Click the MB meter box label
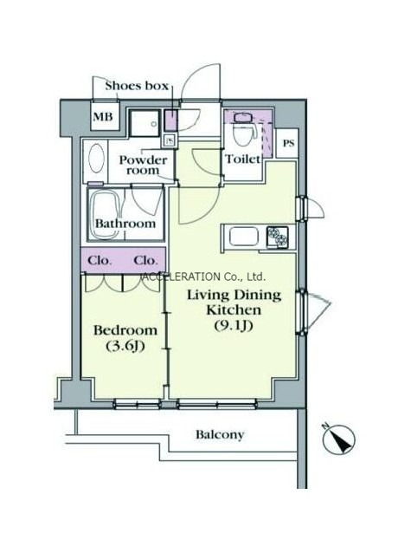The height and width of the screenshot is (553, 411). click(103, 116)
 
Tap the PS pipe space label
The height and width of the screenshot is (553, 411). click(288, 144)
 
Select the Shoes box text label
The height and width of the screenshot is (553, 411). click(137, 86)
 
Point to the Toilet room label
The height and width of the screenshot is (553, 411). click(243, 159)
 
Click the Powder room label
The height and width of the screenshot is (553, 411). click(143, 165)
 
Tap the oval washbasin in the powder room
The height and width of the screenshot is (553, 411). click(96, 158)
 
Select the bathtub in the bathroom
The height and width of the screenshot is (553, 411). click(106, 214)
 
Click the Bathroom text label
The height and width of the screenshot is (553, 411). click(125, 224)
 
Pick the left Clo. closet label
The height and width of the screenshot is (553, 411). click(100, 261)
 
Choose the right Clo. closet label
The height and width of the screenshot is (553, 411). click(145, 261)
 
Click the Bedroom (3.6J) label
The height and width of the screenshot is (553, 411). click(125, 339)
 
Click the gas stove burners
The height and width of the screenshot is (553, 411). click(278, 235)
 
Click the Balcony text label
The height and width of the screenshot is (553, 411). click(220, 434)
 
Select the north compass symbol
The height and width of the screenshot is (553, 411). click(339, 439)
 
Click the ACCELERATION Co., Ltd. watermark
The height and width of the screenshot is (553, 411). click(203, 276)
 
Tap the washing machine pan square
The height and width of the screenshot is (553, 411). click(144, 123)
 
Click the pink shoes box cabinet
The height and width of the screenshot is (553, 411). click(170, 120)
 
